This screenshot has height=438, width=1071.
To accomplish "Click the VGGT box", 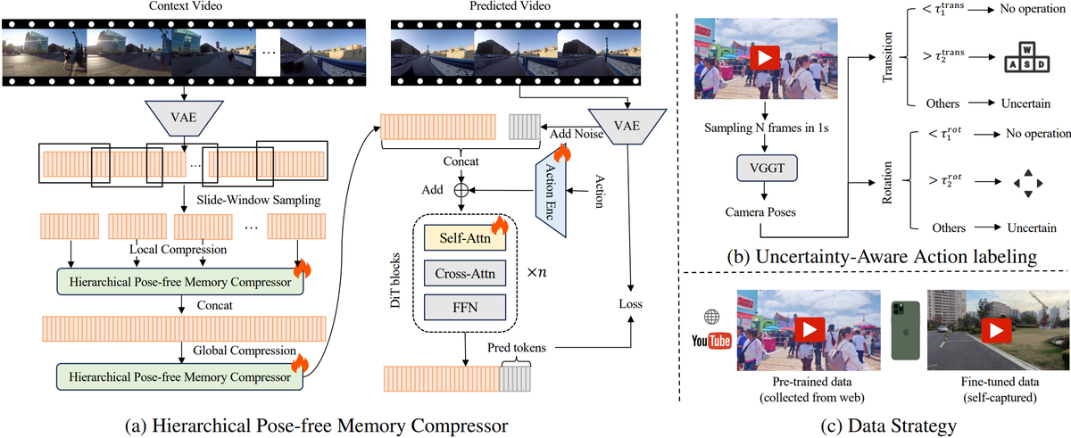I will tap(760, 167).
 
